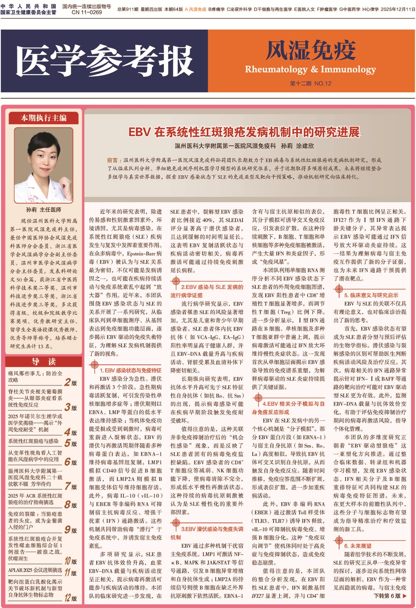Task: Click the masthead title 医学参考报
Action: click(x=104, y=61)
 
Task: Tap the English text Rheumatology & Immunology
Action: click(x=310, y=69)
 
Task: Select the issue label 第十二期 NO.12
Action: click(x=310, y=83)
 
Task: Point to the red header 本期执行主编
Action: click(x=44, y=118)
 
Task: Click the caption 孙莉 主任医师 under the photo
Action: click(x=44, y=209)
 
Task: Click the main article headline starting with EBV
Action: click(x=244, y=132)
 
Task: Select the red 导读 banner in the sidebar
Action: click(x=44, y=362)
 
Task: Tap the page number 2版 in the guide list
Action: click(x=71, y=382)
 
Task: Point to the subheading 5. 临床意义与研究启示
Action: click(x=371, y=295)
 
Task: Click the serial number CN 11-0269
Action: click(x=87, y=12)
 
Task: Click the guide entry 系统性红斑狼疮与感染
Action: click(x=34, y=441)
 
